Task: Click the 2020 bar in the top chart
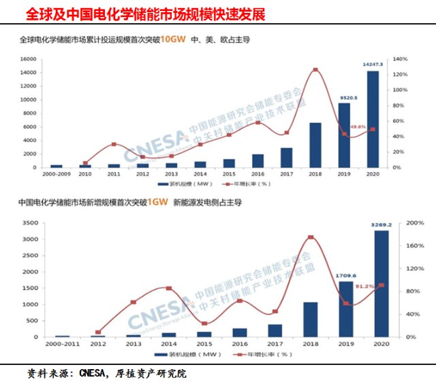coord(373,119)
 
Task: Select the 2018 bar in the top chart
coord(315,145)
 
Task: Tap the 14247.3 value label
coord(373,65)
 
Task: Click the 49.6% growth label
coord(358,127)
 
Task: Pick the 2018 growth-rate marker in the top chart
coord(315,69)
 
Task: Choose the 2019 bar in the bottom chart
coord(346,309)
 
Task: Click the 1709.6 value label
coord(347,275)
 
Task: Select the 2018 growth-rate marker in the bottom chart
coord(311,237)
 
